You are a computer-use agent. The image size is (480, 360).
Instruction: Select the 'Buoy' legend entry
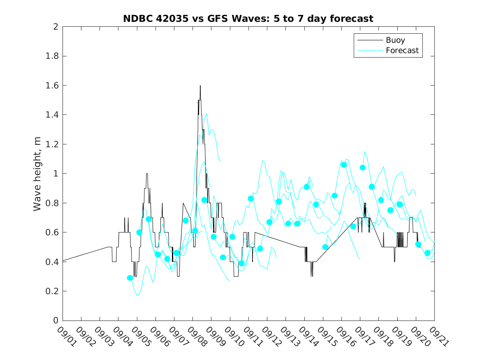pos(395,40)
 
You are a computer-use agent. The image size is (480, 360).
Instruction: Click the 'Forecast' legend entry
pos(402,51)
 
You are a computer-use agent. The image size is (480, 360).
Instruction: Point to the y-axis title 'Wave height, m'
pos(37,173)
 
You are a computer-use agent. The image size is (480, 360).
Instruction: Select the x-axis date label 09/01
pos(66,336)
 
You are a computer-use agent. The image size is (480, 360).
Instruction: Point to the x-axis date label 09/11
pos(252,336)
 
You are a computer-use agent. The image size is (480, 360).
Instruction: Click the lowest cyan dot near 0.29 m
pos(130,278)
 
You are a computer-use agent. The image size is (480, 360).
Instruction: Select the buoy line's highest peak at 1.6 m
pos(200,86)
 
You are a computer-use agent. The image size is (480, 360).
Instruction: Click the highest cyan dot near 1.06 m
pos(344,165)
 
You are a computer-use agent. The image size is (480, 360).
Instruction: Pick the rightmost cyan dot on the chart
pos(427,253)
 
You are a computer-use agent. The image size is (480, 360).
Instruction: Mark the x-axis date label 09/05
pos(140,336)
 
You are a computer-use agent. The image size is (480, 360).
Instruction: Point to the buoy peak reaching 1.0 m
pos(147,174)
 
